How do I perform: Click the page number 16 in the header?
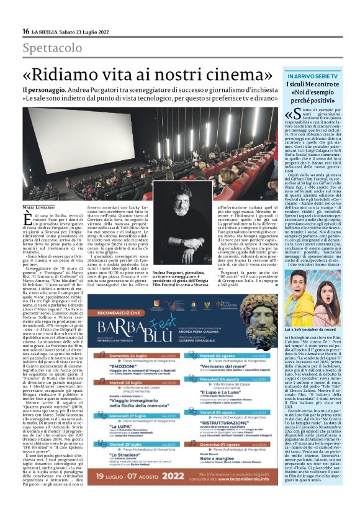25,32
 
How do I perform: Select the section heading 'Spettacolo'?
52,48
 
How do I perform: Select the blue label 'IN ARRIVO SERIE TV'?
308,75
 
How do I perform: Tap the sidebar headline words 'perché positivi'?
308,99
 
